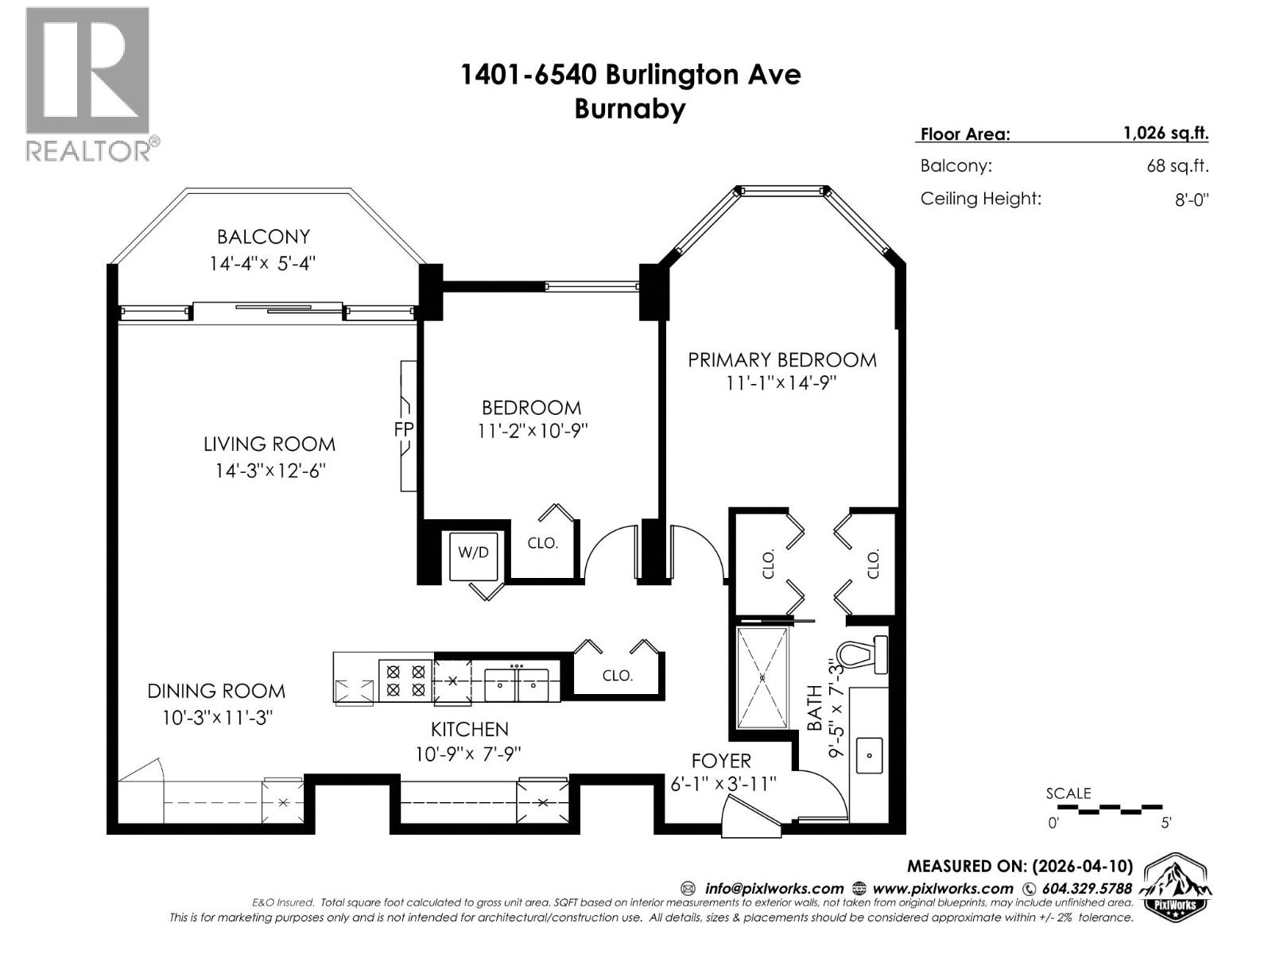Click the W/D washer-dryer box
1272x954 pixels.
(473, 552)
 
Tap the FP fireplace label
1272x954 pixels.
(404, 429)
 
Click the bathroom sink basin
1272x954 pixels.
(869, 755)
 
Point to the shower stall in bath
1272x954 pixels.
(762, 677)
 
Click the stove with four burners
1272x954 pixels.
(405, 681)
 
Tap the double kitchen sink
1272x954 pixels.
(517, 684)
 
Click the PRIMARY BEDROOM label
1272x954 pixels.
(781, 360)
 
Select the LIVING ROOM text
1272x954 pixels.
(270, 444)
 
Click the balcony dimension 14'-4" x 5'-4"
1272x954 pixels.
(262, 263)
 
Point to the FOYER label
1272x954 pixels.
(721, 761)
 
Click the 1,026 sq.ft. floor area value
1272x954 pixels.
(1165, 134)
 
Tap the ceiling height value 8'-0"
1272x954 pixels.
(1191, 200)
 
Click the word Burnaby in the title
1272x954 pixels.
(630, 109)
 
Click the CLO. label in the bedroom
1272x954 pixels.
(543, 544)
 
